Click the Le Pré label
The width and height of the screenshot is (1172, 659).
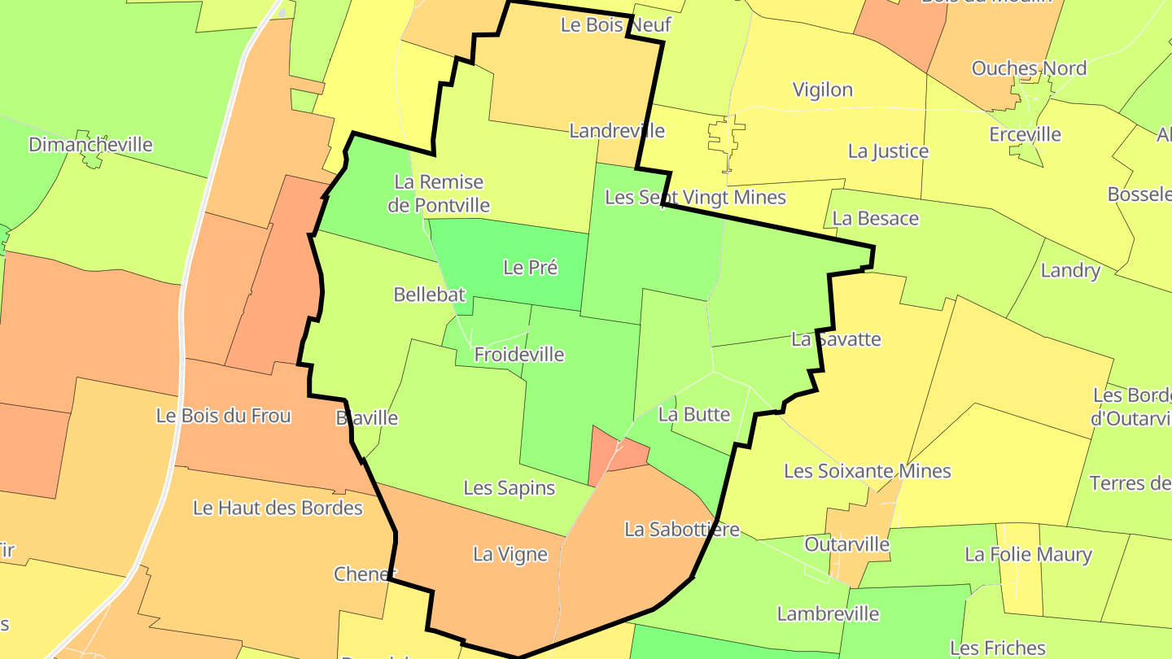[530, 267]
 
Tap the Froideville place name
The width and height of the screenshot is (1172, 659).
[518, 355]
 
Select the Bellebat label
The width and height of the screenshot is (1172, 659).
[429, 295]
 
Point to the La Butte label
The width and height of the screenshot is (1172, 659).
[694, 414]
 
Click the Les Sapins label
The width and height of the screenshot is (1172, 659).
[509, 488]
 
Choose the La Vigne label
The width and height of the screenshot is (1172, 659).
[510, 555]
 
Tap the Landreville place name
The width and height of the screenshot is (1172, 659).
[616, 131]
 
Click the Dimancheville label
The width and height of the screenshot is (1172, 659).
[90, 145]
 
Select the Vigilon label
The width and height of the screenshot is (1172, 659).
[823, 89]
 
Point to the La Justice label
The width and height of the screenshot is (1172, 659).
[888, 151]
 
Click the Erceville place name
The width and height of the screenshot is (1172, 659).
[1025, 135]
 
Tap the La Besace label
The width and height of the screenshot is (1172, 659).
[876, 219]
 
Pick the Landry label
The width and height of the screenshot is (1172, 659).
[1070, 271]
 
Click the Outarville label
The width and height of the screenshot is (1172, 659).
[846, 544]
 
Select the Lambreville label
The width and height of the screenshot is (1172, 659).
[828, 614]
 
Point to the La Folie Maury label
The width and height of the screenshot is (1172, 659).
[1028, 555]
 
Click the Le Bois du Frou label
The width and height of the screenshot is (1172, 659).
[223, 416]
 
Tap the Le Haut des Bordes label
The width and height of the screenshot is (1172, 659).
[278, 508]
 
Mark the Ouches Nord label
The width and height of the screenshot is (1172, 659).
[1029, 68]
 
